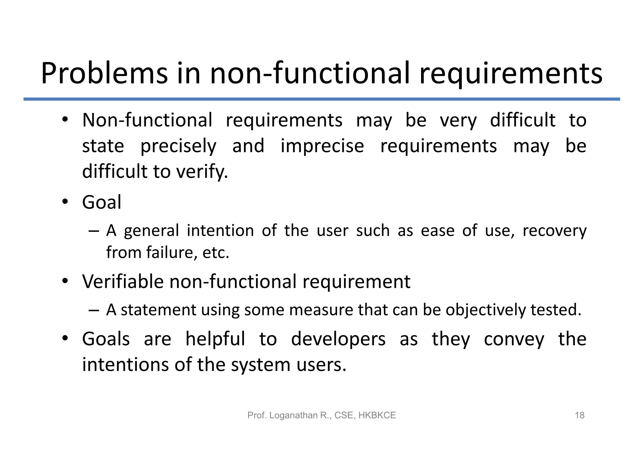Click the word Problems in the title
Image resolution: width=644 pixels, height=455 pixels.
104,74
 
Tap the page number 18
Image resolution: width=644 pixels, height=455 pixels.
579,415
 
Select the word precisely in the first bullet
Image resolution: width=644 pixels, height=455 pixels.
178,147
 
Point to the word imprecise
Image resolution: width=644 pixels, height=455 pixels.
322,146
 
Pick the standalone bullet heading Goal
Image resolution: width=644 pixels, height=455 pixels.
102,202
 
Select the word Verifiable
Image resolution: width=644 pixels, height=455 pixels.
123,281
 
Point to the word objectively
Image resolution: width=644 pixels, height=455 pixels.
486,310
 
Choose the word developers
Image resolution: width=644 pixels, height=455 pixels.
338,339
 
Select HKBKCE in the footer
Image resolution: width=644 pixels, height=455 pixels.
377,415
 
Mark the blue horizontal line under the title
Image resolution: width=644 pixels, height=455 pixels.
322,99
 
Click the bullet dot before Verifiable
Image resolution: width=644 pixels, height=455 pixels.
65,280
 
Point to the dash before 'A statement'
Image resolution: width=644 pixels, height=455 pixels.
94,310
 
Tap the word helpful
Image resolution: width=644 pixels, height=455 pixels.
215,339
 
